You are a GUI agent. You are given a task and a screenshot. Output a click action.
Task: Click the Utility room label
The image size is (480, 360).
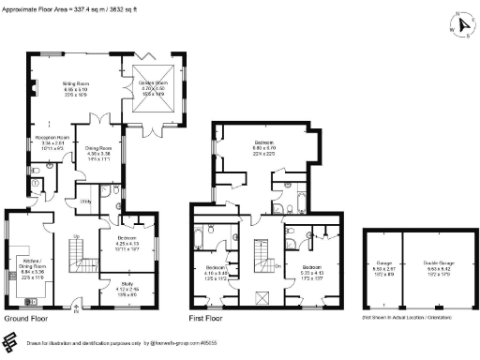[x=84, y=202]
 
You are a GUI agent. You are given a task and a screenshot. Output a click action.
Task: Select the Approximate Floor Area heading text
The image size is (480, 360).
[x=70, y=7]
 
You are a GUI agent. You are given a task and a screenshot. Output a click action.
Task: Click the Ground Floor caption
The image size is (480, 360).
[x=27, y=319]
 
